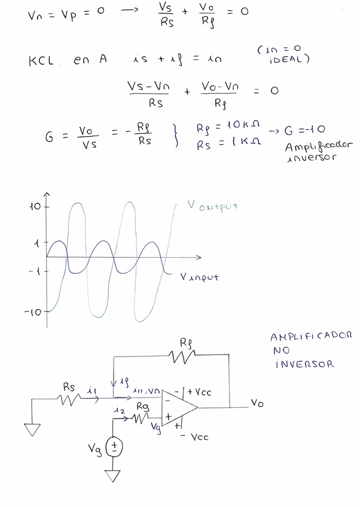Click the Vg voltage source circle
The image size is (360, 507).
113,448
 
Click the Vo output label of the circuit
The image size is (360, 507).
257,404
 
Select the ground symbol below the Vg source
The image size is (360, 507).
112,476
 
